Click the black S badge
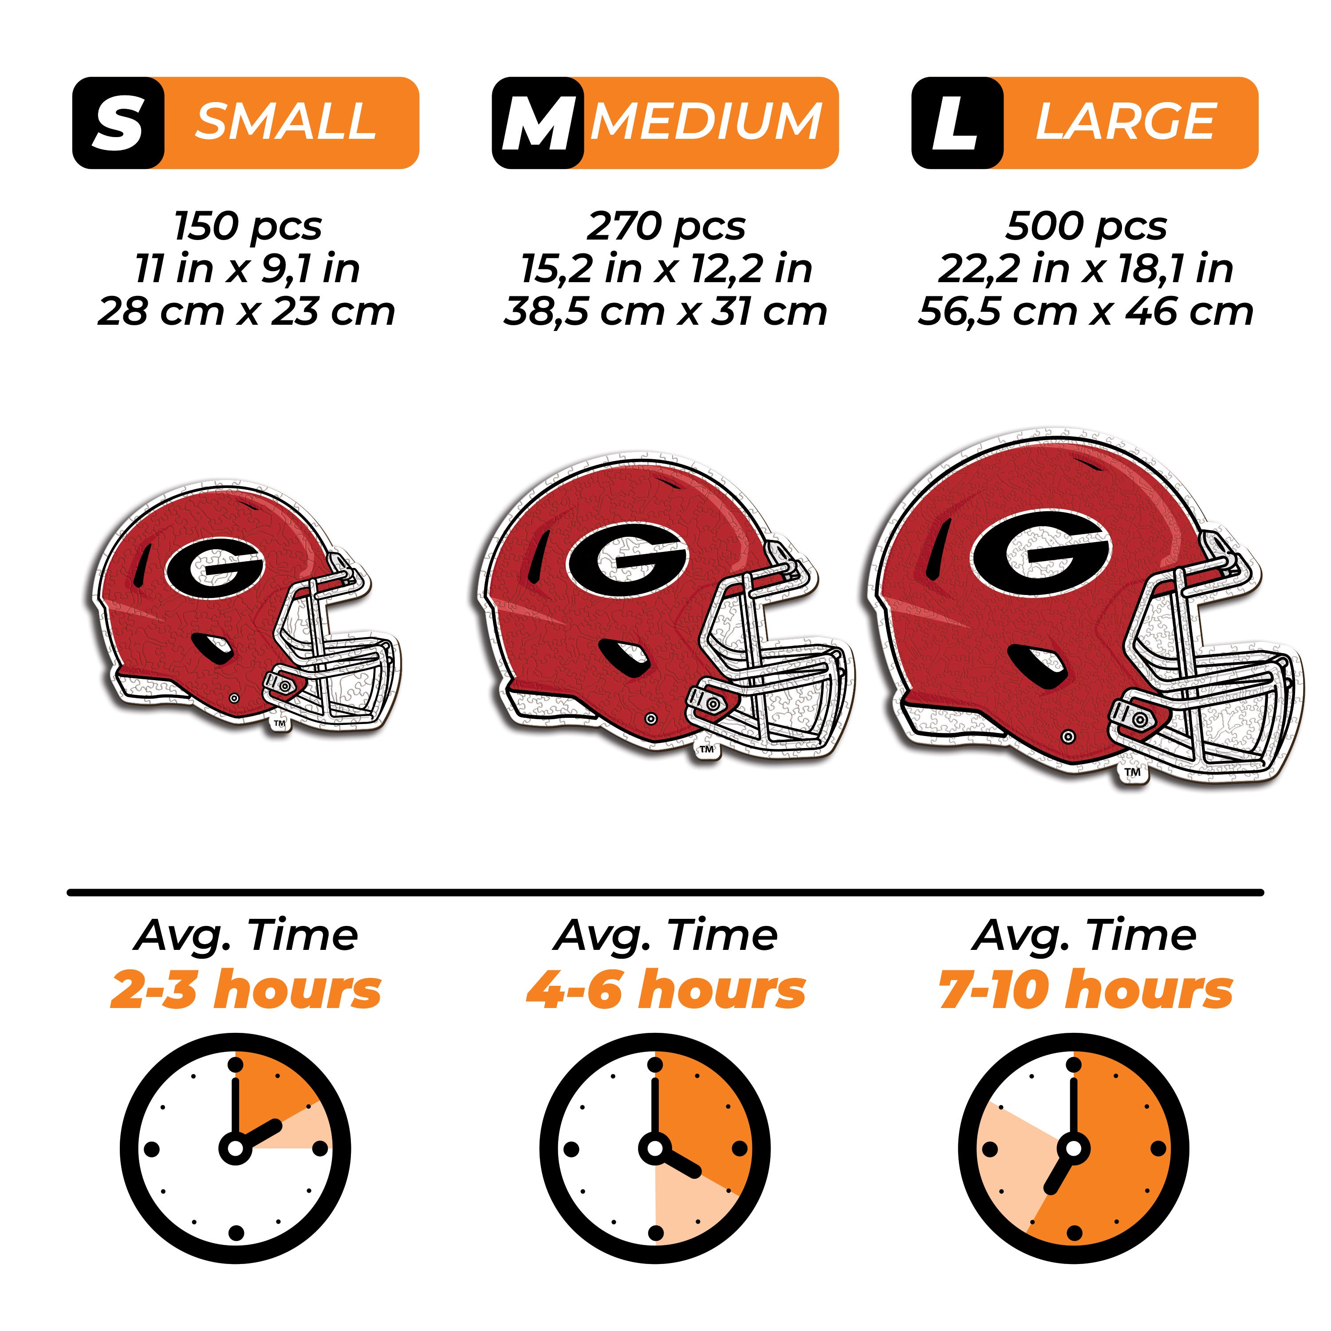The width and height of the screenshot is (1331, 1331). tap(118, 122)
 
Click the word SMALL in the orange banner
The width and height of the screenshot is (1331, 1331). tap(286, 122)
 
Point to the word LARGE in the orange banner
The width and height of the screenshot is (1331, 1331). tap(1126, 122)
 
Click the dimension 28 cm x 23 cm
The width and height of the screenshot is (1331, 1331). tap(246, 311)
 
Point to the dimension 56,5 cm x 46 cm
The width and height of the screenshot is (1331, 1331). tap(1086, 311)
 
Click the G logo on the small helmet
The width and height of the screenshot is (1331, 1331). tap(215, 568)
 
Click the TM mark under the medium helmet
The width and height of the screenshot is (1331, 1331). tap(707, 749)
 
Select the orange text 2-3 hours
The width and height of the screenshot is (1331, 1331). tap(246, 990)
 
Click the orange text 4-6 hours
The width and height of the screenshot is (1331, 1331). tap(665, 990)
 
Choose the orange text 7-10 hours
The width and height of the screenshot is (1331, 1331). tap(1086, 990)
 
